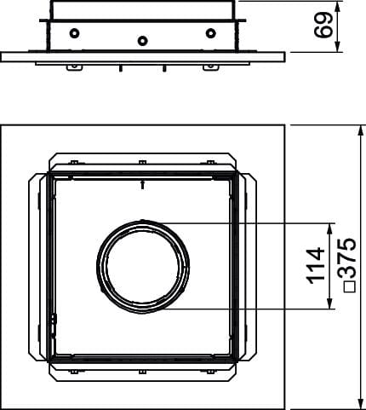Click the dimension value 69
point(323,25)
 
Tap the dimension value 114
point(316,266)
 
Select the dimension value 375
point(346,258)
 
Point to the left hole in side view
point(74,33)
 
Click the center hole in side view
point(142,41)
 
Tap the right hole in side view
point(210,33)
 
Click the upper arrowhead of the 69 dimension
point(338,7)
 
